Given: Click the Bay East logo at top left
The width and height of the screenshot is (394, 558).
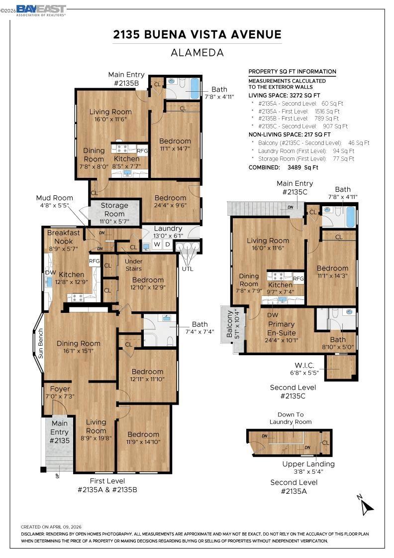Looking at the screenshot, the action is (41, 10).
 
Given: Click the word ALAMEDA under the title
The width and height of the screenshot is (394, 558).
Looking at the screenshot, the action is (197, 53).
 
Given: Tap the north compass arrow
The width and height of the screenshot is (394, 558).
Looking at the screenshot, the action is (367, 506).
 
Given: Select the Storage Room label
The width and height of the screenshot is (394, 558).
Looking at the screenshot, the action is (114, 210).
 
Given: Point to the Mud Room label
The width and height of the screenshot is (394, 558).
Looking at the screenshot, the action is (54, 198).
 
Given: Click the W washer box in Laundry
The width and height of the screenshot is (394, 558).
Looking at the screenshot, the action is (157, 245).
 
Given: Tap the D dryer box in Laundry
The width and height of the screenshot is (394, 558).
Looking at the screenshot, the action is (168, 245).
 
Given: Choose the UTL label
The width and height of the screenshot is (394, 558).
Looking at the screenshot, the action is (188, 269).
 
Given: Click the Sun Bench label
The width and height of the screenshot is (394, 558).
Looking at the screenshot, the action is (40, 343).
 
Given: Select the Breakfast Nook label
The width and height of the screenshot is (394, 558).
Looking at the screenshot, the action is (64, 237).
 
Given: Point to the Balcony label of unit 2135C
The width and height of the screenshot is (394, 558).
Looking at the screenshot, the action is (229, 324).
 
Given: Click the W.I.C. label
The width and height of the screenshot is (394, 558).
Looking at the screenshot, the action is (304, 365).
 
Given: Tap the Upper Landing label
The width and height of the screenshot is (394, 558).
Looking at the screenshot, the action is (308, 464).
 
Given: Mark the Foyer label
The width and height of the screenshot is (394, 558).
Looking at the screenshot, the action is (60, 389).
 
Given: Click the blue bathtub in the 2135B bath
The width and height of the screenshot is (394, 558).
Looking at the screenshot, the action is (195, 88).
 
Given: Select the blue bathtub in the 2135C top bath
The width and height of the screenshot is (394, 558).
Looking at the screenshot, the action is (351, 216).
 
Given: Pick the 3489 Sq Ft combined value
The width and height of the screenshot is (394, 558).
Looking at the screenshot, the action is (302, 167).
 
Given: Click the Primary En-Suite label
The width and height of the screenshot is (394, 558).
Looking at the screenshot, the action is (282, 328).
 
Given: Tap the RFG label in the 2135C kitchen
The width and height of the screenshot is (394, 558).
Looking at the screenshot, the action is (298, 279).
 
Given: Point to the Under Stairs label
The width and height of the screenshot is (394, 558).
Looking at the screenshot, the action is (134, 265).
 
